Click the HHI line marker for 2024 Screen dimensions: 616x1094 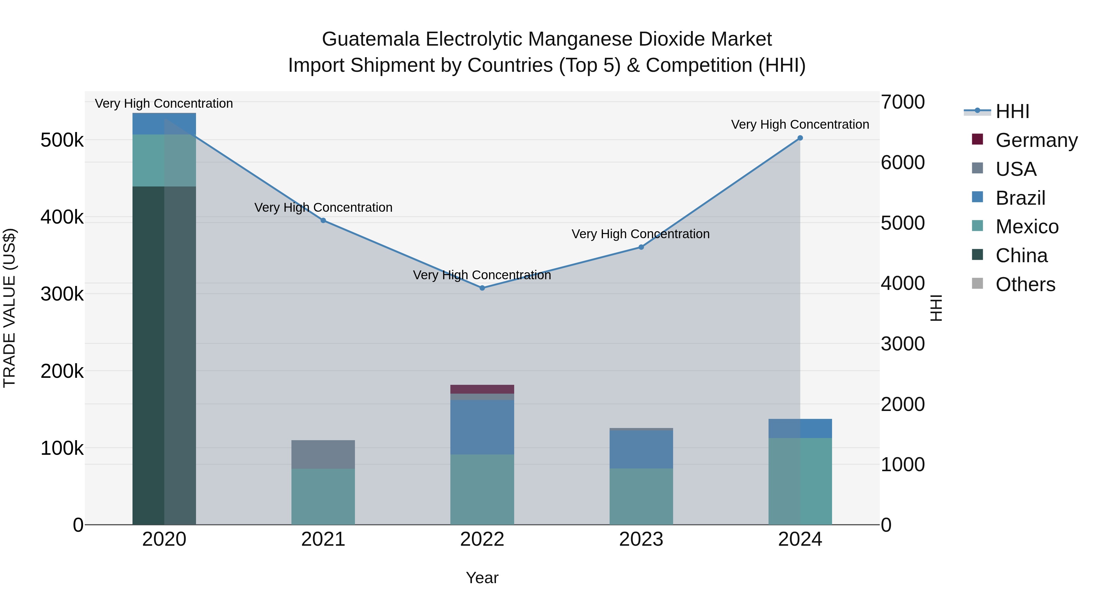coord(800,138)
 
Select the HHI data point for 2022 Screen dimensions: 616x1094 coord(482,288)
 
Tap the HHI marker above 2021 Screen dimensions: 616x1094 coord(323,220)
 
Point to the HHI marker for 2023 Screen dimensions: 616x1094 coord(641,247)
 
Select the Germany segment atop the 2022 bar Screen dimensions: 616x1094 coord(482,389)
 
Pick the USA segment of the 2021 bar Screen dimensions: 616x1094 coord(323,454)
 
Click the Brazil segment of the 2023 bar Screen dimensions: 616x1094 coord(641,449)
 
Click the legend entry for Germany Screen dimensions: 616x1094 coord(1036,140)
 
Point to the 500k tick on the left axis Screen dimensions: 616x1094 coord(62,140)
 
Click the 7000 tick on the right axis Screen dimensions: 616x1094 coord(903,102)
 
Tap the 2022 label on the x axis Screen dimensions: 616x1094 coord(482,539)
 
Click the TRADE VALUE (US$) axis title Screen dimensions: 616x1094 coord(9,308)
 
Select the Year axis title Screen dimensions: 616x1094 coord(482,578)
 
